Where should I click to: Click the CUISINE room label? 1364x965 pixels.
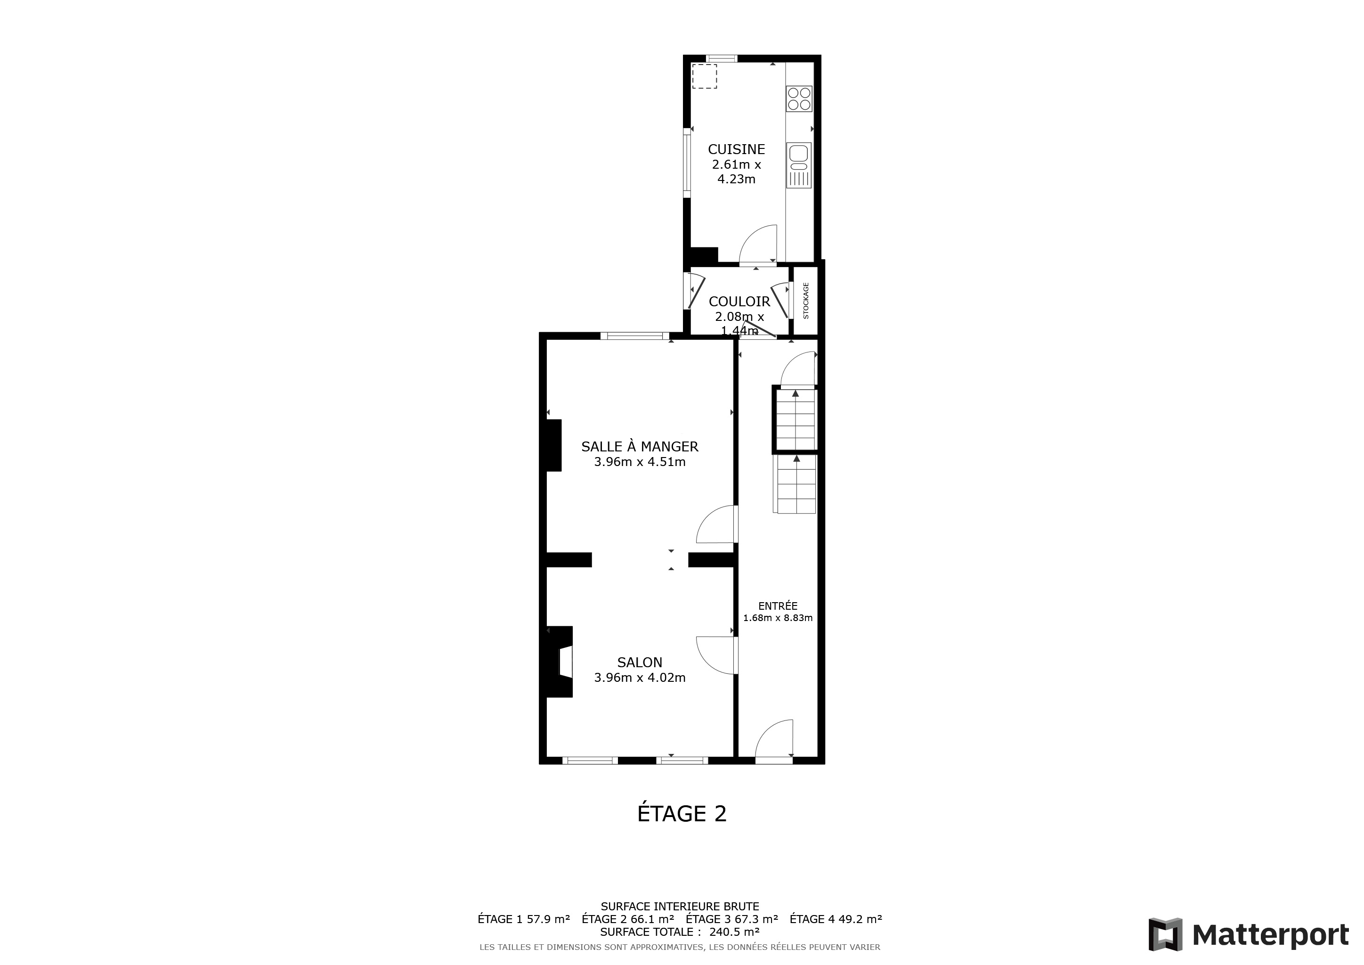tap(736, 149)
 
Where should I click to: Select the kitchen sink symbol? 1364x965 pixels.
tap(799, 165)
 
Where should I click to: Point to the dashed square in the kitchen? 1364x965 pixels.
tap(705, 76)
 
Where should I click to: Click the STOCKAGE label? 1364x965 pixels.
tap(806, 301)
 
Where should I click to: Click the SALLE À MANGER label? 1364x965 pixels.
tap(640, 446)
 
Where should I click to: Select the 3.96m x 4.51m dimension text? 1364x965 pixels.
tap(640, 462)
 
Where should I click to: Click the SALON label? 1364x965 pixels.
tap(640, 662)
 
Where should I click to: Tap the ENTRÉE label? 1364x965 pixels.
tap(778, 606)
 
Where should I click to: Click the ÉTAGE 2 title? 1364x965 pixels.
tap(682, 813)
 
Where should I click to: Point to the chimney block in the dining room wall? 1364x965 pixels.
tap(554, 446)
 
